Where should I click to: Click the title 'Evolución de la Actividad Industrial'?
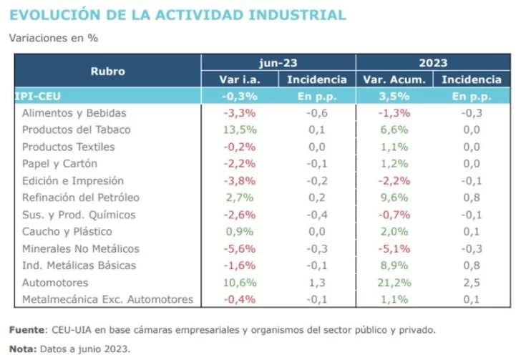click(x=177, y=14)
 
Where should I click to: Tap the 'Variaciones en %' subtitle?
click(x=53, y=38)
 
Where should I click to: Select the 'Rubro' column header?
click(x=107, y=71)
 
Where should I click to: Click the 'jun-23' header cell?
click(x=278, y=62)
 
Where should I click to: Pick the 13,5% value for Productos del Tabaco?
click(x=240, y=130)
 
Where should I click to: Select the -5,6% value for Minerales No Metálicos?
click(x=240, y=249)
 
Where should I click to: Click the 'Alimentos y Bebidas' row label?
click(x=74, y=113)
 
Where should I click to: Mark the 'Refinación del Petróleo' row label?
click(x=81, y=198)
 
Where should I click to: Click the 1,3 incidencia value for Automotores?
click(x=317, y=283)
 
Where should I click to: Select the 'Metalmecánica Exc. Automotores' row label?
click(x=107, y=299)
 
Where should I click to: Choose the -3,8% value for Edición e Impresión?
click(x=240, y=181)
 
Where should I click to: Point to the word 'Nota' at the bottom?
click(x=22, y=349)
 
